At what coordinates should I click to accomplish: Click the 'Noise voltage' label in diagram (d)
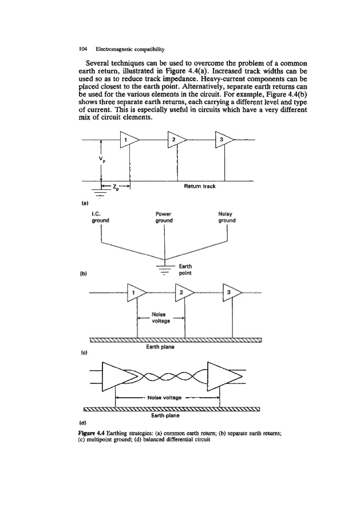(168, 397)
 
